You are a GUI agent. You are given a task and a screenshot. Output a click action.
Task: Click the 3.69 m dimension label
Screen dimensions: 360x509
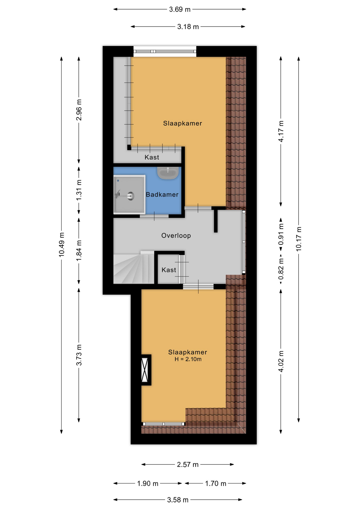tap(180, 10)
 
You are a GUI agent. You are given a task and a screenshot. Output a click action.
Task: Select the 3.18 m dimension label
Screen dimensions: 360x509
tap(188, 27)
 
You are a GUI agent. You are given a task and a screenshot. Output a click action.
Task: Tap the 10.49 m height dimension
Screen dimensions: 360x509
tap(62, 245)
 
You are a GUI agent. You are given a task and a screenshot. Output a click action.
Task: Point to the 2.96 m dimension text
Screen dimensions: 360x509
tap(79, 110)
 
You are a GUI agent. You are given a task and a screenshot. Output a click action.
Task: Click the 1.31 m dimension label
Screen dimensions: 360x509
tap(79, 190)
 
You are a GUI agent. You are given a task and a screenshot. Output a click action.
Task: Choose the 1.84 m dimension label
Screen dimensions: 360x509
tap(79, 251)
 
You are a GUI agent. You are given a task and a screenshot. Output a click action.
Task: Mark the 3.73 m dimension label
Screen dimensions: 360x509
tap(79, 355)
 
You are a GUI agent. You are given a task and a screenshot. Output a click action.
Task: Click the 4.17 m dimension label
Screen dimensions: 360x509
tap(281, 131)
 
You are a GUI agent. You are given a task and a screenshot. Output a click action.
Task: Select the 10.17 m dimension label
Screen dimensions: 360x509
tap(299, 239)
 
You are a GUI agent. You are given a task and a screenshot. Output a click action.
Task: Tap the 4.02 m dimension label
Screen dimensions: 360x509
tap(281, 361)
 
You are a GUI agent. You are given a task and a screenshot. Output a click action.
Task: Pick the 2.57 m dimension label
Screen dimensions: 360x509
tap(188, 464)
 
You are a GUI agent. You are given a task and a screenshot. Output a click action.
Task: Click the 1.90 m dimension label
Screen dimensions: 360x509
tap(148, 484)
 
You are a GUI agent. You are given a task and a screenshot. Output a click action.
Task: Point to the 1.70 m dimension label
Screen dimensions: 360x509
tap(216, 484)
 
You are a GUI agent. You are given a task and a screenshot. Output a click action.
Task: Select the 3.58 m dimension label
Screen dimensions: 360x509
tap(178, 500)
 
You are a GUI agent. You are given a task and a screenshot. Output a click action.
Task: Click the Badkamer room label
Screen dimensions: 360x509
tap(162, 195)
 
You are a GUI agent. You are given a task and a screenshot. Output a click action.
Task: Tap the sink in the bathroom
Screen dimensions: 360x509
tap(168, 173)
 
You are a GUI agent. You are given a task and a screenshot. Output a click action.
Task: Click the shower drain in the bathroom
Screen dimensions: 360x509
tap(130, 196)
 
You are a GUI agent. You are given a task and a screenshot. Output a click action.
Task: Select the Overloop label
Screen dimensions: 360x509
tap(176, 235)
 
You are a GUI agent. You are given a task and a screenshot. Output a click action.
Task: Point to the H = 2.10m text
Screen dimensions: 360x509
tap(188, 359)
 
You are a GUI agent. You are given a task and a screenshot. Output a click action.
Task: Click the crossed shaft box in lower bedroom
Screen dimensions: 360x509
tap(145, 370)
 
